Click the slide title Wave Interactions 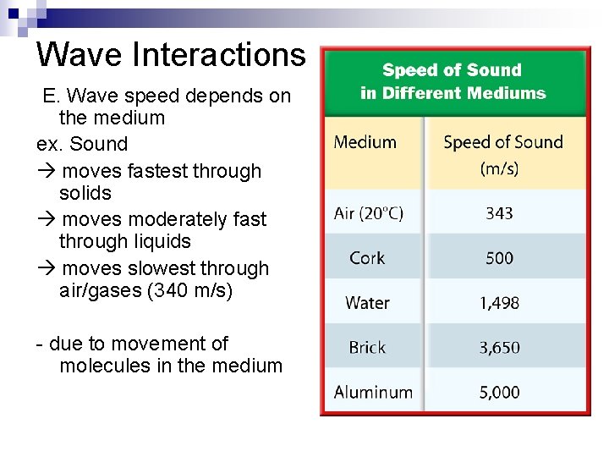pyautogui.click(x=170, y=54)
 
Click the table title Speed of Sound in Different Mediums pyautogui.click(x=453, y=81)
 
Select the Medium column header pyautogui.click(x=365, y=142)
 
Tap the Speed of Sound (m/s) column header pyautogui.click(x=502, y=154)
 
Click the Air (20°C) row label pyautogui.click(x=369, y=213)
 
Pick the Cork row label pyautogui.click(x=367, y=258)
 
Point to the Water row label pyautogui.click(x=367, y=303)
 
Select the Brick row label pyautogui.click(x=367, y=348)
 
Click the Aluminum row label pyautogui.click(x=373, y=393)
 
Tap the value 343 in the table pyautogui.click(x=499, y=213)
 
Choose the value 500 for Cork pyautogui.click(x=499, y=258)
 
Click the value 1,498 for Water pyautogui.click(x=499, y=303)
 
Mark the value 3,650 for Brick pyautogui.click(x=499, y=348)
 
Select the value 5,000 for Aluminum pyautogui.click(x=499, y=393)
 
